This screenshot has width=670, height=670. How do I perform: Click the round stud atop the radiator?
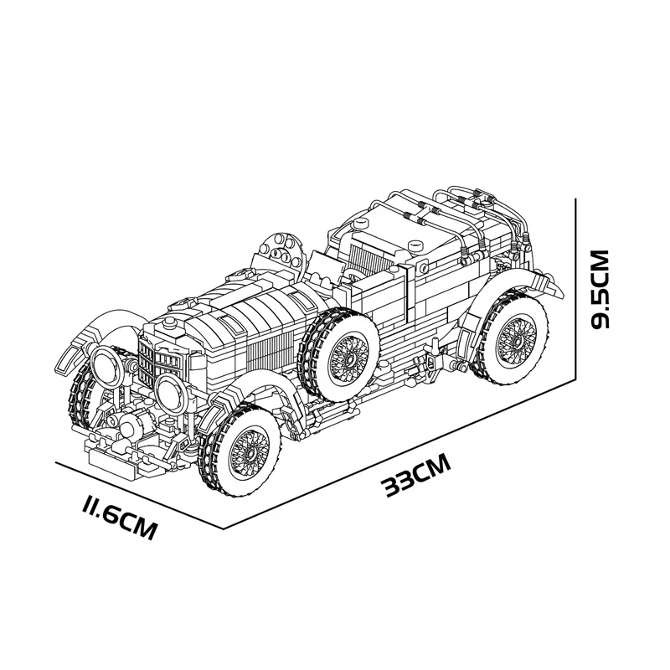coord(169,322)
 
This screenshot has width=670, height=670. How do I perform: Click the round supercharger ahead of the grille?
coord(130,427)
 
